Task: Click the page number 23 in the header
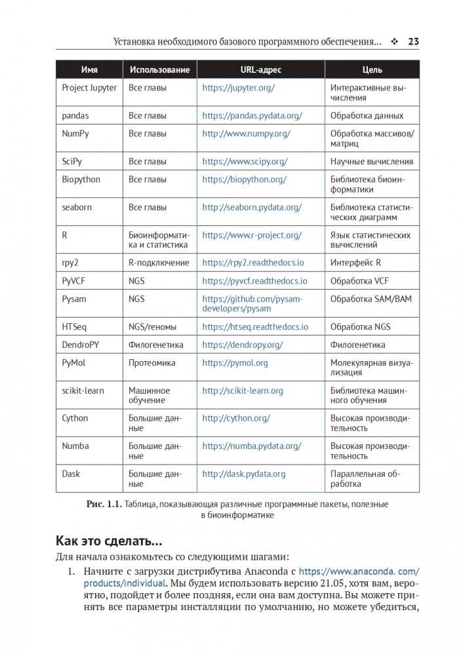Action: click(413, 42)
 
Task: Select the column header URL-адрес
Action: click(261, 69)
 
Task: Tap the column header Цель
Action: click(372, 69)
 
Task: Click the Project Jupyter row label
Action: click(89, 87)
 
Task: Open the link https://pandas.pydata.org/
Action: click(252, 115)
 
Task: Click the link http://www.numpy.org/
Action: click(246, 133)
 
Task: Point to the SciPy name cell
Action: click(72, 161)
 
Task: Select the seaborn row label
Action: click(77, 207)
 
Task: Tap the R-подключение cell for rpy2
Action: click(159, 263)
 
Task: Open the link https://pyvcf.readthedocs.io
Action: click(254, 280)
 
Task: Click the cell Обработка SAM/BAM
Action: click(371, 298)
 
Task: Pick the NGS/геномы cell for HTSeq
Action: click(155, 326)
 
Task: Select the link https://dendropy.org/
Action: click(243, 345)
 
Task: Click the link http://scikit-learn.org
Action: click(243, 391)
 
